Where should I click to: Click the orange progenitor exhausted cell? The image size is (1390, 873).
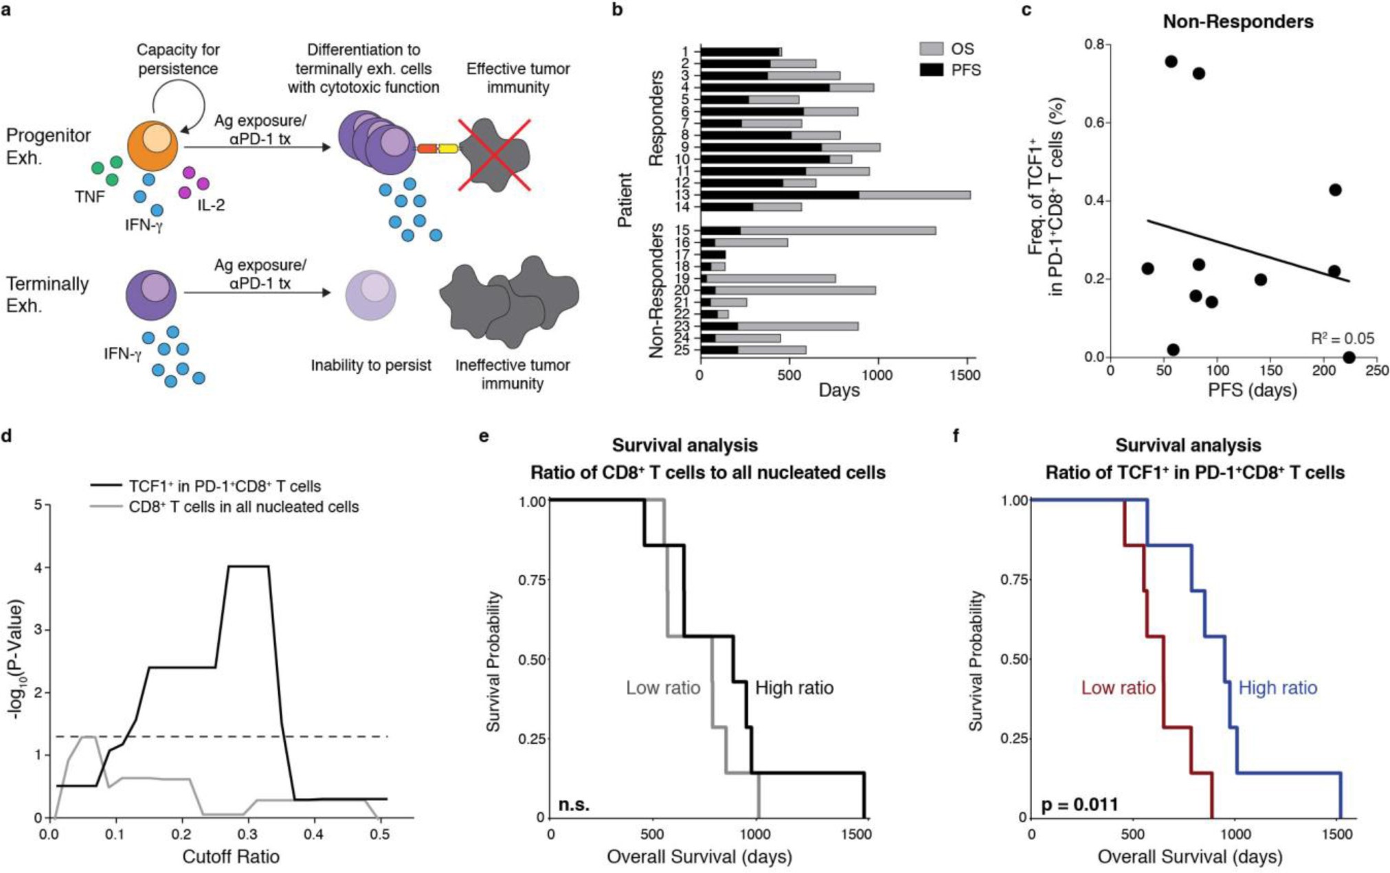point(153,146)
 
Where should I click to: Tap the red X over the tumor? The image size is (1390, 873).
point(495,155)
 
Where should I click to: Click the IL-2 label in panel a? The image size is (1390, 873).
point(211,205)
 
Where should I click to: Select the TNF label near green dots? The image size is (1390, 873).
point(90,197)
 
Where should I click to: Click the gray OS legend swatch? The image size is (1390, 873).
point(932,49)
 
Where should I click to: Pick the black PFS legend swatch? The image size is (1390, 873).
point(932,70)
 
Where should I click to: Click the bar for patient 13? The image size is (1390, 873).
point(835,195)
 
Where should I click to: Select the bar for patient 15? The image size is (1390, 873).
point(818,231)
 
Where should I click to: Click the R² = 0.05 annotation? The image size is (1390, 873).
point(1342,339)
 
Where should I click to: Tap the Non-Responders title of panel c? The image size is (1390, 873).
point(1238,22)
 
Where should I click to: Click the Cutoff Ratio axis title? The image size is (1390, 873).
point(231,857)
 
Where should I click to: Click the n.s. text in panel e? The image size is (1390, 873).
point(574,804)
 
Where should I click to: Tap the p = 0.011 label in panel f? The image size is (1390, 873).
point(1079,804)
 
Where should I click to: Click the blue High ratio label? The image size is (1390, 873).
point(1277,688)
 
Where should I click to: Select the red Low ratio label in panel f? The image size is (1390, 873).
point(1118,688)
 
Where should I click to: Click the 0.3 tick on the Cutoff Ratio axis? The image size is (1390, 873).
point(247,834)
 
